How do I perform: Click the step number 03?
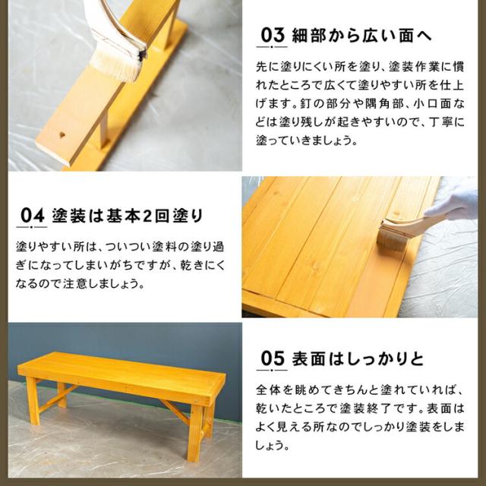point(273,35)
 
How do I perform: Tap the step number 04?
point(32,215)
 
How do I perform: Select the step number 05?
point(273,358)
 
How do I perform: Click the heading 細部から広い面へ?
point(361,35)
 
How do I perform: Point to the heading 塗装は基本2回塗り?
point(128,216)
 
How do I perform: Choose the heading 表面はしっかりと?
point(358,358)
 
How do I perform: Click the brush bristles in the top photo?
point(115,65)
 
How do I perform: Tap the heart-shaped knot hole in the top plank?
point(62,135)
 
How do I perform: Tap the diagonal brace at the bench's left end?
point(58,398)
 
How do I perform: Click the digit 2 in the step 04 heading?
point(147,216)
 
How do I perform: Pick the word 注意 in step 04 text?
point(75,283)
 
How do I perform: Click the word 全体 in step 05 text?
point(268,390)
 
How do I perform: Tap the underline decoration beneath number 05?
point(272,370)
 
